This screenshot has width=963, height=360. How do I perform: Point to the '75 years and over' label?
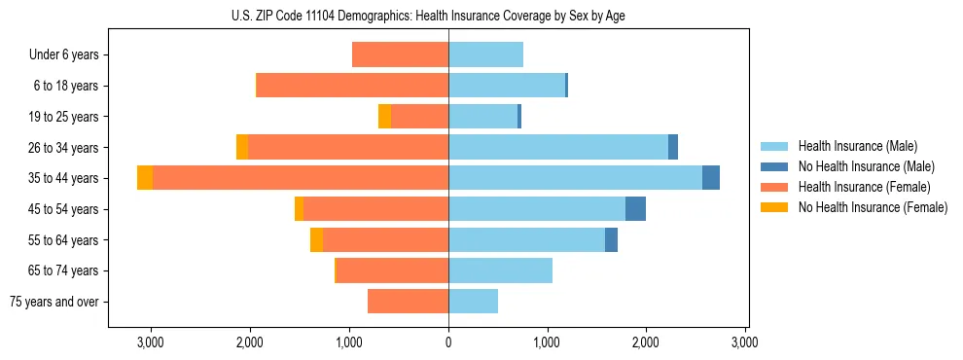pos(54,302)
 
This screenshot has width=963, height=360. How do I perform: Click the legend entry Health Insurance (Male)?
pos(857,146)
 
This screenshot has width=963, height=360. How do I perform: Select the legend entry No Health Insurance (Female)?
pos(873,207)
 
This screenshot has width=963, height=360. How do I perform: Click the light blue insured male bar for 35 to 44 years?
pos(575,178)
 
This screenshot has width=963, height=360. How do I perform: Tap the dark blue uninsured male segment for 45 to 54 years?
pos(635,209)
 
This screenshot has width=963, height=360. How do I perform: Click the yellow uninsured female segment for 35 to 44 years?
pos(145,178)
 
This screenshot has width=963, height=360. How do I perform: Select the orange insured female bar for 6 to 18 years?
pos(352,86)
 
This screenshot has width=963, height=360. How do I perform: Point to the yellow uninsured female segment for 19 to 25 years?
pos(384,117)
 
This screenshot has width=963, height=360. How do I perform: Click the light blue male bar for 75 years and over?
pos(473,302)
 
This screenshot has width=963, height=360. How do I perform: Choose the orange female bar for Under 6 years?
pos(400,55)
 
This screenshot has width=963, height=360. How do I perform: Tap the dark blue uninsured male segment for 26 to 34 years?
pos(673,148)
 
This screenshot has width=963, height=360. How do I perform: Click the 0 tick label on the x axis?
pos(448,342)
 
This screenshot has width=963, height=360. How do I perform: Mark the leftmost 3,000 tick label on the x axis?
pos(151,342)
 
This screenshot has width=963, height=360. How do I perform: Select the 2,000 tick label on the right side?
pos(647,342)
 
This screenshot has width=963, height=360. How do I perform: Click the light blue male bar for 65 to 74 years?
pos(500,270)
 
